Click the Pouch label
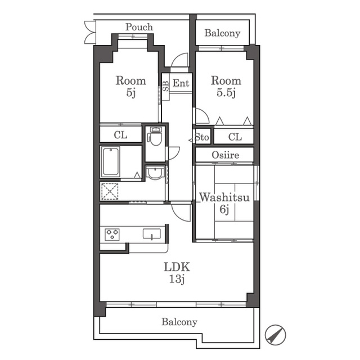click(x=139, y=27)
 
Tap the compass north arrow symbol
click(x=275, y=335)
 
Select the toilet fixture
click(x=155, y=136)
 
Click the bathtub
click(x=111, y=161)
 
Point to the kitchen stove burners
click(x=112, y=235)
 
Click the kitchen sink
click(x=152, y=234)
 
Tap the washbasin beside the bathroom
click(x=155, y=173)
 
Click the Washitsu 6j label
click(x=224, y=203)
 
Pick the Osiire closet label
click(x=226, y=155)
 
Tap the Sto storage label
click(x=202, y=137)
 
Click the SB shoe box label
click(x=166, y=86)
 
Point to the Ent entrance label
click(x=181, y=83)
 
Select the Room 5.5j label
click(x=226, y=87)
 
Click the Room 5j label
click(x=131, y=87)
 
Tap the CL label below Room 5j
click(x=120, y=135)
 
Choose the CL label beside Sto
click(x=235, y=137)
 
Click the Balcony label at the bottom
click(x=179, y=322)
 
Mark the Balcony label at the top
click(x=222, y=33)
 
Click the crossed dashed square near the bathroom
click(x=110, y=191)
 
